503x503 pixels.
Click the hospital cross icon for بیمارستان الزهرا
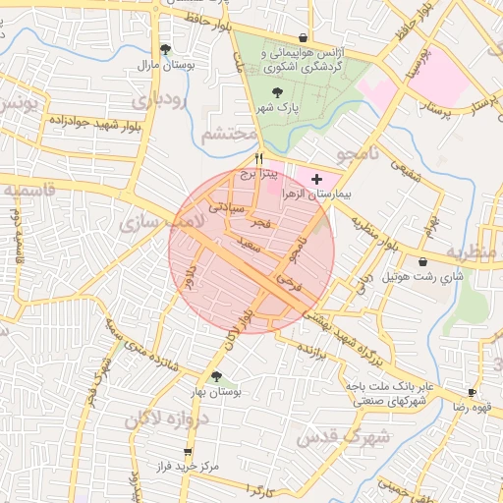point(315,180)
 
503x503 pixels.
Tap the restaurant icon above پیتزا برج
point(259,157)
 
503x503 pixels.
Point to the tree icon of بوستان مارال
point(164,49)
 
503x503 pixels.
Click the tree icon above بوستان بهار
point(216,376)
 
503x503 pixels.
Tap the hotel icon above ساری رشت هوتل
point(422,262)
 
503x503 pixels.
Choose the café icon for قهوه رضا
point(473,393)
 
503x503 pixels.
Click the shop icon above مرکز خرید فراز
point(187,452)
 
